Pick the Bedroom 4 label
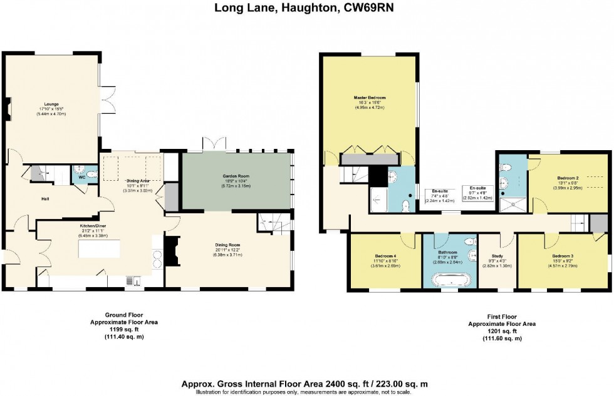click(x=386, y=256)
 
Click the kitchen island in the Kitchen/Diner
click(x=113, y=251)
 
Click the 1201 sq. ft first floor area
click(x=502, y=331)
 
